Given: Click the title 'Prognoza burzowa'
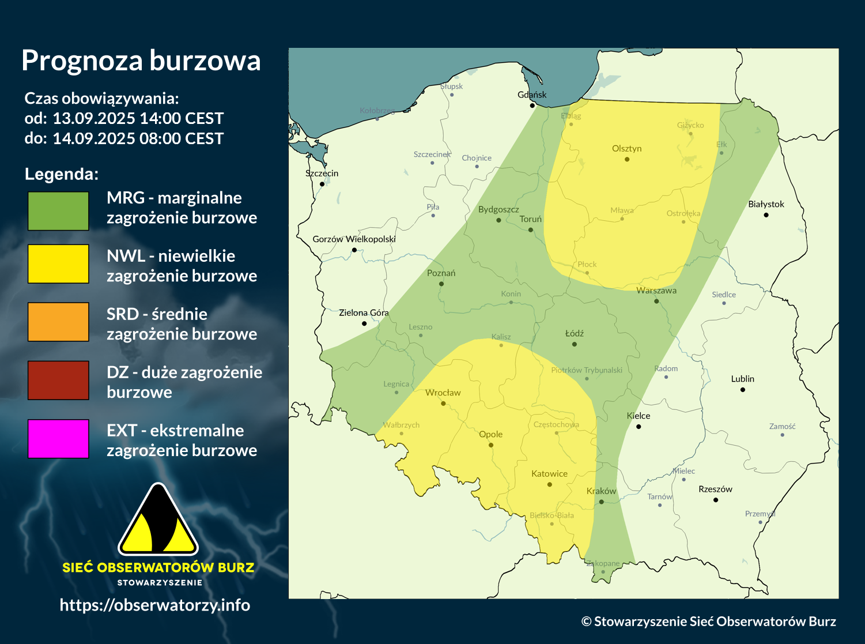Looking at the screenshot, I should [141, 61].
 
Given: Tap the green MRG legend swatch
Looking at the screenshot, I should [58, 211].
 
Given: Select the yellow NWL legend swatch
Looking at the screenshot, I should [58, 263].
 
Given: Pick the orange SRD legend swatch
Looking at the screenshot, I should [58, 322].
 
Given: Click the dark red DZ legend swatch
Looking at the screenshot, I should [58, 380].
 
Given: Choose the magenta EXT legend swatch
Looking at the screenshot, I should [58, 438].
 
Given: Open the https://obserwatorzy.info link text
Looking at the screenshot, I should [155, 605].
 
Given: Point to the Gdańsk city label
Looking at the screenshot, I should [532, 95].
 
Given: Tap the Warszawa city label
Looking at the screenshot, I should [656, 291].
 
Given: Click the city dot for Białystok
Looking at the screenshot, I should [766, 215].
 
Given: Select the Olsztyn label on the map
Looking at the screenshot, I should [626, 149].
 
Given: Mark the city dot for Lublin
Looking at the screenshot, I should [743, 390].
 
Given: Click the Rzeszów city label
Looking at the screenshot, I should [715, 489].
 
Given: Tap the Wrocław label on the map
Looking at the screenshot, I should [443, 393].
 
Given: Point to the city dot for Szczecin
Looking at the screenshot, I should [322, 184].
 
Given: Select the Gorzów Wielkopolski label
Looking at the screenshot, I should [354, 239].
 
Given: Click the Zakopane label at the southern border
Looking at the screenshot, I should [603, 563].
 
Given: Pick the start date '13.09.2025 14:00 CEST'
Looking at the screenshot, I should [138, 118].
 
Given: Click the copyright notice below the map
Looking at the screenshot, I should [708, 621].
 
